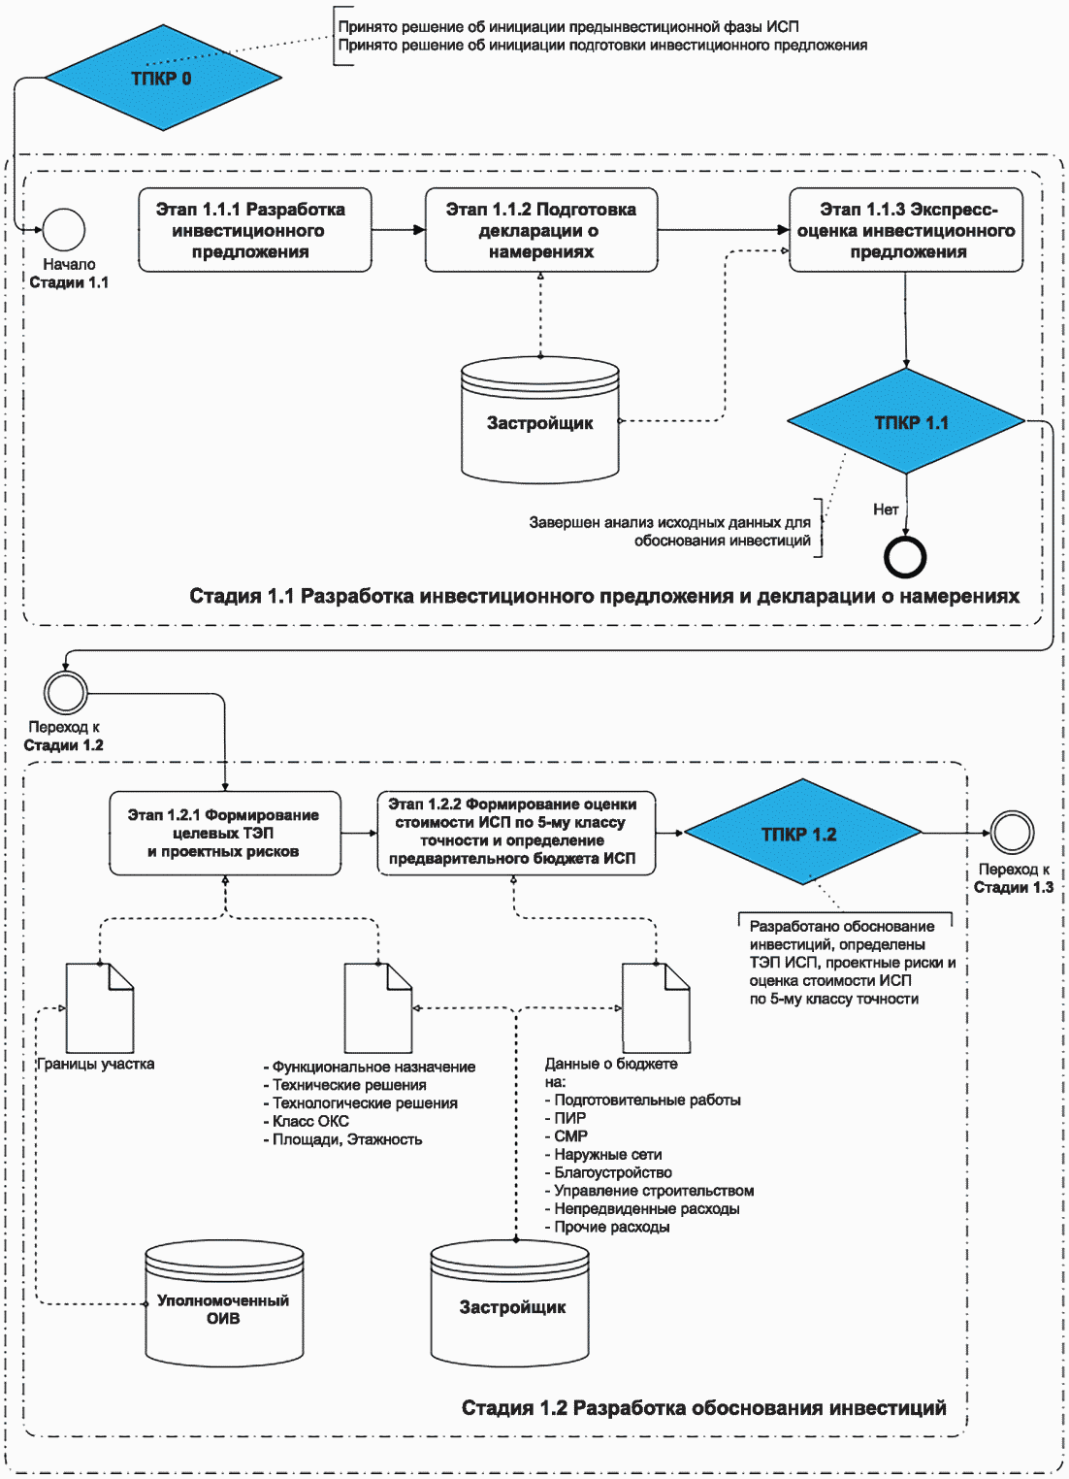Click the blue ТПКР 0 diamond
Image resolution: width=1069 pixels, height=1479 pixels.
(163, 78)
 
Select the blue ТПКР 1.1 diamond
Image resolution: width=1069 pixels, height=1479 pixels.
(906, 421)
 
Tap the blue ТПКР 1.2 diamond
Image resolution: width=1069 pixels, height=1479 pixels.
(802, 833)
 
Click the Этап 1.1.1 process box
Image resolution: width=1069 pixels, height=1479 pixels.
(255, 230)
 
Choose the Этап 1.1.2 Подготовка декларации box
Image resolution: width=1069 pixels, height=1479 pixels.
(541, 230)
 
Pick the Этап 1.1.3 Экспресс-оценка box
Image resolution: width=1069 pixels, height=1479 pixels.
(906, 230)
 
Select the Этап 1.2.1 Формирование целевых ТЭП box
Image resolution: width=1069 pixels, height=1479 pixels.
(225, 834)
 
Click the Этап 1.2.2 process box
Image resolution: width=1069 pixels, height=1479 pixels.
(517, 834)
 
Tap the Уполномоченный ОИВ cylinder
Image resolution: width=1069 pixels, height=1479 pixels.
(224, 1305)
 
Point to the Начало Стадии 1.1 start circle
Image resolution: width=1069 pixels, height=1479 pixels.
(64, 230)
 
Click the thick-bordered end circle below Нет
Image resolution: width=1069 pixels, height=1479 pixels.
(905, 557)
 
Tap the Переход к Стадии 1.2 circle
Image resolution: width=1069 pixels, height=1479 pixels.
(65, 693)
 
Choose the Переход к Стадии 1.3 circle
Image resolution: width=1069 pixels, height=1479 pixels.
(1012, 833)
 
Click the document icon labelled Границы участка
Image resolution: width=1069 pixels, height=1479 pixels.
(100, 1008)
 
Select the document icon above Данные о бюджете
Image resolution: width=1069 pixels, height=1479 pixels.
(657, 1008)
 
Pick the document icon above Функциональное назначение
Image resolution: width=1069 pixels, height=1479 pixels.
(378, 1008)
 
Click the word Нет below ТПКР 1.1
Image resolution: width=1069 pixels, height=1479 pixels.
(886, 509)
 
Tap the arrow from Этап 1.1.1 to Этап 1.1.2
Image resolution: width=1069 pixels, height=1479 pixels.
(399, 230)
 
